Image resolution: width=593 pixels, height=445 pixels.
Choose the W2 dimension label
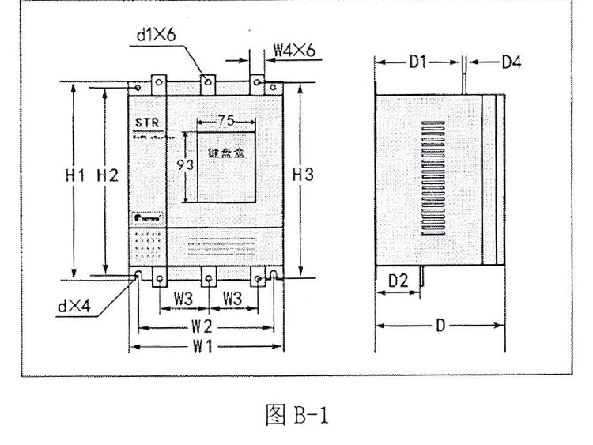click(204, 326)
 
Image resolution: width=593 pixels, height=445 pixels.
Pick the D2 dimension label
click(397, 280)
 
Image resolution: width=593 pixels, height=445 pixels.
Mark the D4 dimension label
click(511, 61)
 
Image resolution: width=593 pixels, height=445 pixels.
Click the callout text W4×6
click(293, 50)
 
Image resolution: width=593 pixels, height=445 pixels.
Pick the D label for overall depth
click(439, 325)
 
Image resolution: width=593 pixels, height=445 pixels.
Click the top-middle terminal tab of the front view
click(207, 82)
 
